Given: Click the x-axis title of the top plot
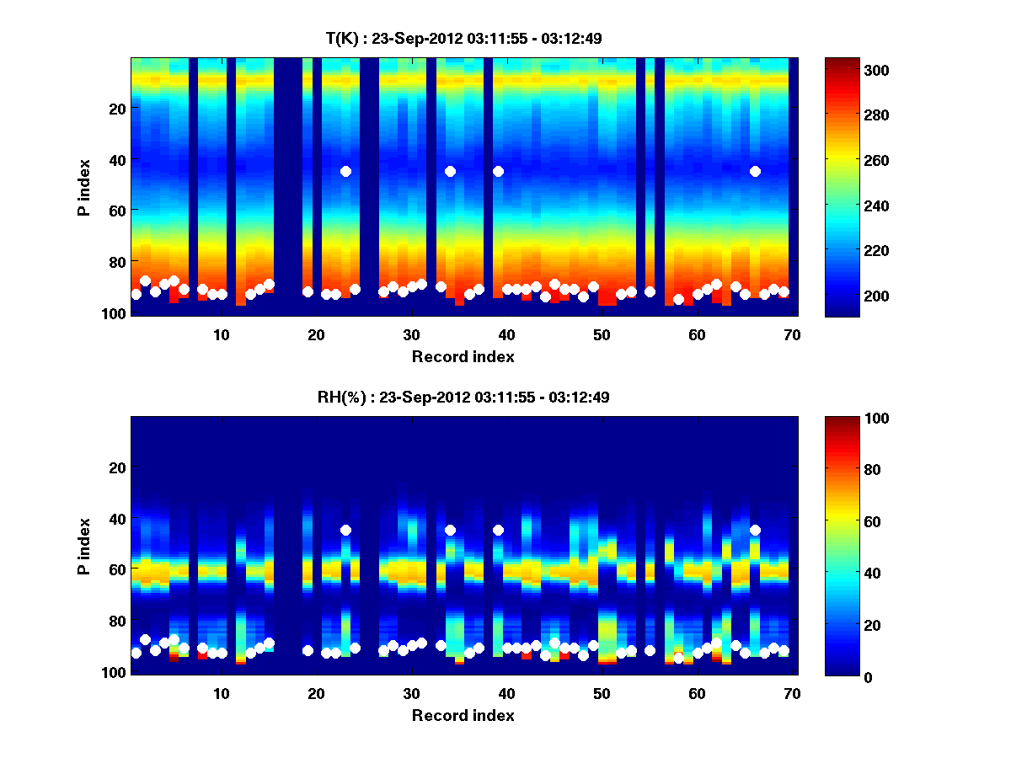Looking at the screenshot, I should point(463,356).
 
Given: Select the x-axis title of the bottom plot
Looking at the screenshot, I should point(463,715).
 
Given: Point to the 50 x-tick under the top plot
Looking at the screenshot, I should point(602,334).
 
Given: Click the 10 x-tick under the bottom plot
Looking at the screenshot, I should point(221,693).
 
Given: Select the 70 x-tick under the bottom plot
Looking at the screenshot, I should point(792,693).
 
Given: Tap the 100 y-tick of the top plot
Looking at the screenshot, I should point(115,313).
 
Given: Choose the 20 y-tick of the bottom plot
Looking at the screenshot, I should point(119,467).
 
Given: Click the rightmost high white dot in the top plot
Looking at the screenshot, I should point(755,171).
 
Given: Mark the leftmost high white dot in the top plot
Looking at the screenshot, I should point(345,171).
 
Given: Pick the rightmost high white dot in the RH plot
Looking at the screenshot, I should point(755,530).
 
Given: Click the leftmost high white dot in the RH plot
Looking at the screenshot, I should point(345,530).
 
